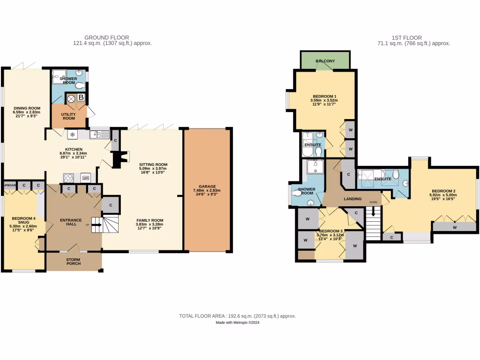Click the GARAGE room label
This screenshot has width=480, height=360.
click(x=207, y=186)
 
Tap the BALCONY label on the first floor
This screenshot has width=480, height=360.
click(x=325, y=61)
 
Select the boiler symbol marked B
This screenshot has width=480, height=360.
click(x=81, y=97)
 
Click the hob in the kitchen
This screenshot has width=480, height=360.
click(x=68, y=177)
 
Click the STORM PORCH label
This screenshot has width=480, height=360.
click(x=74, y=261)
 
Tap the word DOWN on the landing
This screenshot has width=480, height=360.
click(x=373, y=202)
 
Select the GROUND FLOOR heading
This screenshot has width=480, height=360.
click(x=106, y=37)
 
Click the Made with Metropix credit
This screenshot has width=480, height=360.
click(x=237, y=322)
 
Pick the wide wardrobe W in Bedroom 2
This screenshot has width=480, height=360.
click(x=454, y=227)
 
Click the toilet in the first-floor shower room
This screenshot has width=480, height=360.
click(x=297, y=193)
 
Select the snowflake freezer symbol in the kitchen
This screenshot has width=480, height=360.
click(x=72, y=135)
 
